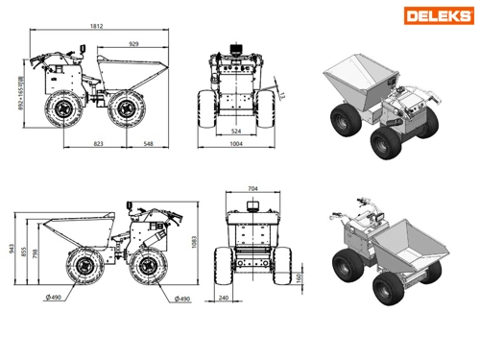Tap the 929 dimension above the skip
click(x=136, y=43)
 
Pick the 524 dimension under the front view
click(x=234, y=132)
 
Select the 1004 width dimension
click(x=234, y=145)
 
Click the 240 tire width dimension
click(x=223, y=299)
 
